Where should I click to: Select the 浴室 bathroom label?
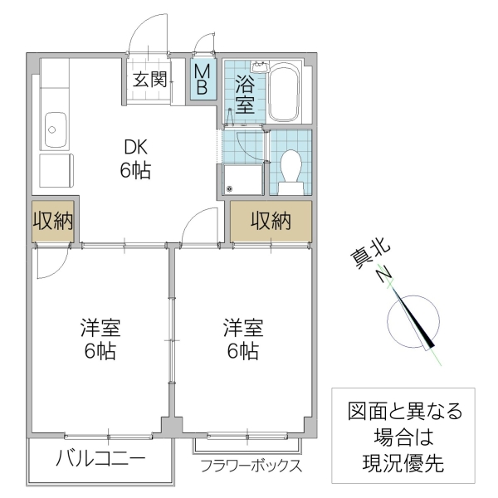244,94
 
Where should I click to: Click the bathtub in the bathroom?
286,93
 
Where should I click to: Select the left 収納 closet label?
53,222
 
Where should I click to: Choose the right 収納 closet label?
271,222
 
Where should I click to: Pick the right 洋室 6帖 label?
242,338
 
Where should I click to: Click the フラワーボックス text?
250,466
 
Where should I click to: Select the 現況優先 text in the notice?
403,463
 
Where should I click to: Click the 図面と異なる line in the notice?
403,410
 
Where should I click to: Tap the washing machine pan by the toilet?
244,178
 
